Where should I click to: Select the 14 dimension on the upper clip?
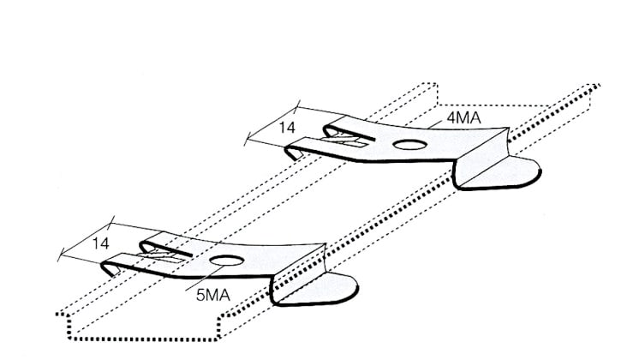click(288, 128)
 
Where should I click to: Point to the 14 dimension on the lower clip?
click(101, 243)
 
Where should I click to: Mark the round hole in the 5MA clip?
click(225, 261)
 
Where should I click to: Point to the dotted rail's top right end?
click(596, 86)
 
